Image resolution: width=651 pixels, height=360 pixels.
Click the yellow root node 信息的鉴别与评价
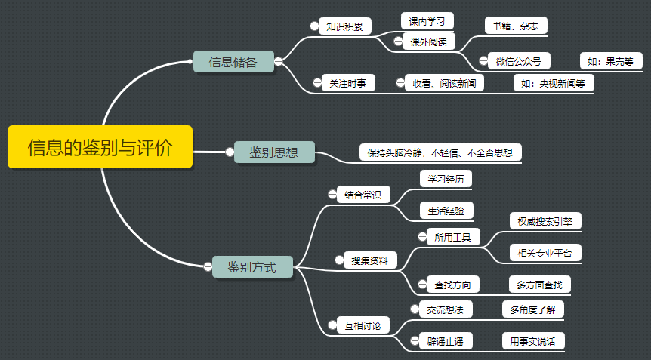100,146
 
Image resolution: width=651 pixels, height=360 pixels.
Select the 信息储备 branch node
233,62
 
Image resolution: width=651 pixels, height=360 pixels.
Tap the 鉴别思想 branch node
273,152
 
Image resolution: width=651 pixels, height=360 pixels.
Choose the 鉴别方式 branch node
252,266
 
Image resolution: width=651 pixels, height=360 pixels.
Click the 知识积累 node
344,26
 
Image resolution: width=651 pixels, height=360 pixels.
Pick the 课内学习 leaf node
427,21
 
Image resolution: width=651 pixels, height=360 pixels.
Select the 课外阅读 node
428,42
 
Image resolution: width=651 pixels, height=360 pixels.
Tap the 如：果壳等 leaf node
610,61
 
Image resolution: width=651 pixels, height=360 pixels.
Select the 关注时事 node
347,83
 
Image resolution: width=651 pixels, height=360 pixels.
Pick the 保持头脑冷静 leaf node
440,152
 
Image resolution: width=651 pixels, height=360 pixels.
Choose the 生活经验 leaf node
446,210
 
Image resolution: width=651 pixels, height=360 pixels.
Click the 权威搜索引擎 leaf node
545,221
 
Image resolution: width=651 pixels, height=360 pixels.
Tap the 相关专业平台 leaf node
545,253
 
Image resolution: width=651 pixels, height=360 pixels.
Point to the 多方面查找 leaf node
539,285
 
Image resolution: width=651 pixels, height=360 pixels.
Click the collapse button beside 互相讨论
332,325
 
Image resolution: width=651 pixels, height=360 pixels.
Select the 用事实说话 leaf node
532,341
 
